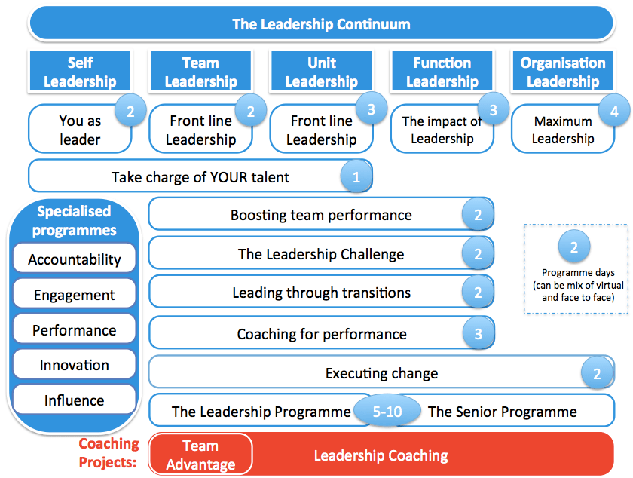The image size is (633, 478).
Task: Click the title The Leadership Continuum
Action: [321, 24]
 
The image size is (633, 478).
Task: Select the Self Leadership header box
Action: [80, 72]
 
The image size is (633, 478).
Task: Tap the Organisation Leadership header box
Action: [562, 72]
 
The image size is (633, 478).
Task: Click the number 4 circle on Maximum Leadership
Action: [615, 112]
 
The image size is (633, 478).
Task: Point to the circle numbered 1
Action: [356, 178]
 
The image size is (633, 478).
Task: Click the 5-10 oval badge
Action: [387, 412]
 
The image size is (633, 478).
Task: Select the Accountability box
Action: [75, 259]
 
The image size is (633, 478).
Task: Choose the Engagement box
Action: [75, 295]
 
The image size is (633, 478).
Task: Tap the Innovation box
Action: [75, 365]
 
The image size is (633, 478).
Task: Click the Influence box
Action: [75, 400]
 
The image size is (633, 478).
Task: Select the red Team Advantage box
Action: [200, 455]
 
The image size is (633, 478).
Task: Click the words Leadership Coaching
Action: [381, 455]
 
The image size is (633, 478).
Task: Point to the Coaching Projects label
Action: [109, 452]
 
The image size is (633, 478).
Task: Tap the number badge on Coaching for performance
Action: [477, 333]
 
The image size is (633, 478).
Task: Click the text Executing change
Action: [381, 373]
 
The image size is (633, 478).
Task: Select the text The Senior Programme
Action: [502, 412]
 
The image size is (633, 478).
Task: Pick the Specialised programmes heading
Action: [74, 220]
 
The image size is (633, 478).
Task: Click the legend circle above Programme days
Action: [574, 247]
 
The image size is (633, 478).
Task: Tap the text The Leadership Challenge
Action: [321, 254]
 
